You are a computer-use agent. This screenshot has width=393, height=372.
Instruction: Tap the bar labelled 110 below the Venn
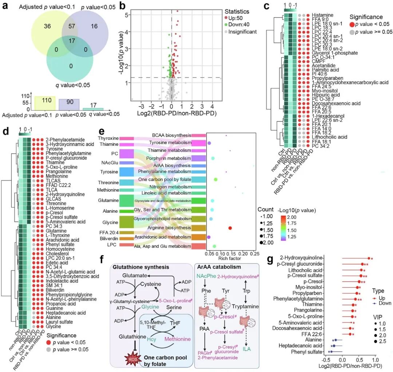pyautogui.click(x=44, y=102)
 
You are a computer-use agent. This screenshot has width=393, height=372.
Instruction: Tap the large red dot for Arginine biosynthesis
pyautogui.click(x=230, y=228)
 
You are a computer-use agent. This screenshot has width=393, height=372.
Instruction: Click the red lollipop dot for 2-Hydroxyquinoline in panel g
pyautogui.click(x=369, y=259)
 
